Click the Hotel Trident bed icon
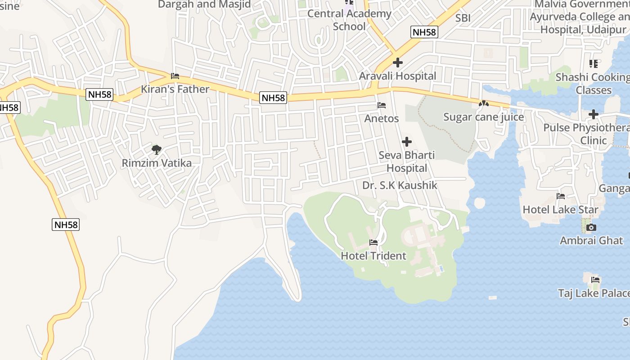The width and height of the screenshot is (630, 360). click(x=373, y=243)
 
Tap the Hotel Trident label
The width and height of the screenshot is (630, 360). click(x=373, y=256)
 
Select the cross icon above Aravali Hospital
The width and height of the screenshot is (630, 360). click(x=398, y=63)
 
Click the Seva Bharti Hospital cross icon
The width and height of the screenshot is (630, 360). click(x=407, y=142)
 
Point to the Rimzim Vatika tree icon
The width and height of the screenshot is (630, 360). click(x=157, y=150)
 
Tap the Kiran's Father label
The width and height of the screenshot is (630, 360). click(x=175, y=89)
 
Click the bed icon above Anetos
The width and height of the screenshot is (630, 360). click(x=382, y=106)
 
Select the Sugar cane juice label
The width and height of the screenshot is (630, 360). click(x=484, y=117)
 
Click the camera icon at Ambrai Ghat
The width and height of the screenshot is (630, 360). click(x=591, y=228)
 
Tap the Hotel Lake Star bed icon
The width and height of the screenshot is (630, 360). click(x=561, y=196)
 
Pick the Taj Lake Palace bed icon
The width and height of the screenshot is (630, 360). click(x=595, y=280)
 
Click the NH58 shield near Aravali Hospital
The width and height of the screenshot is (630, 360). click(x=424, y=32)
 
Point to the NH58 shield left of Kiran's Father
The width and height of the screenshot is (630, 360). click(x=100, y=94)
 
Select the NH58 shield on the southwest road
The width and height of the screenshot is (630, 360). click(x=66, y=225)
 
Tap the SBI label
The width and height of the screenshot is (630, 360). click(x=463, y=18)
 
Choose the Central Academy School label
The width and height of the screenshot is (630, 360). click(x=349, y=20)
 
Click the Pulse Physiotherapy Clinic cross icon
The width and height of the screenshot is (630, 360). click(x=594, y=114)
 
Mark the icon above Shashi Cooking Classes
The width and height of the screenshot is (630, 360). click(x=594, y=64)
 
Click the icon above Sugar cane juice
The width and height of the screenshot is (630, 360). click(x=484, y=103)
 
